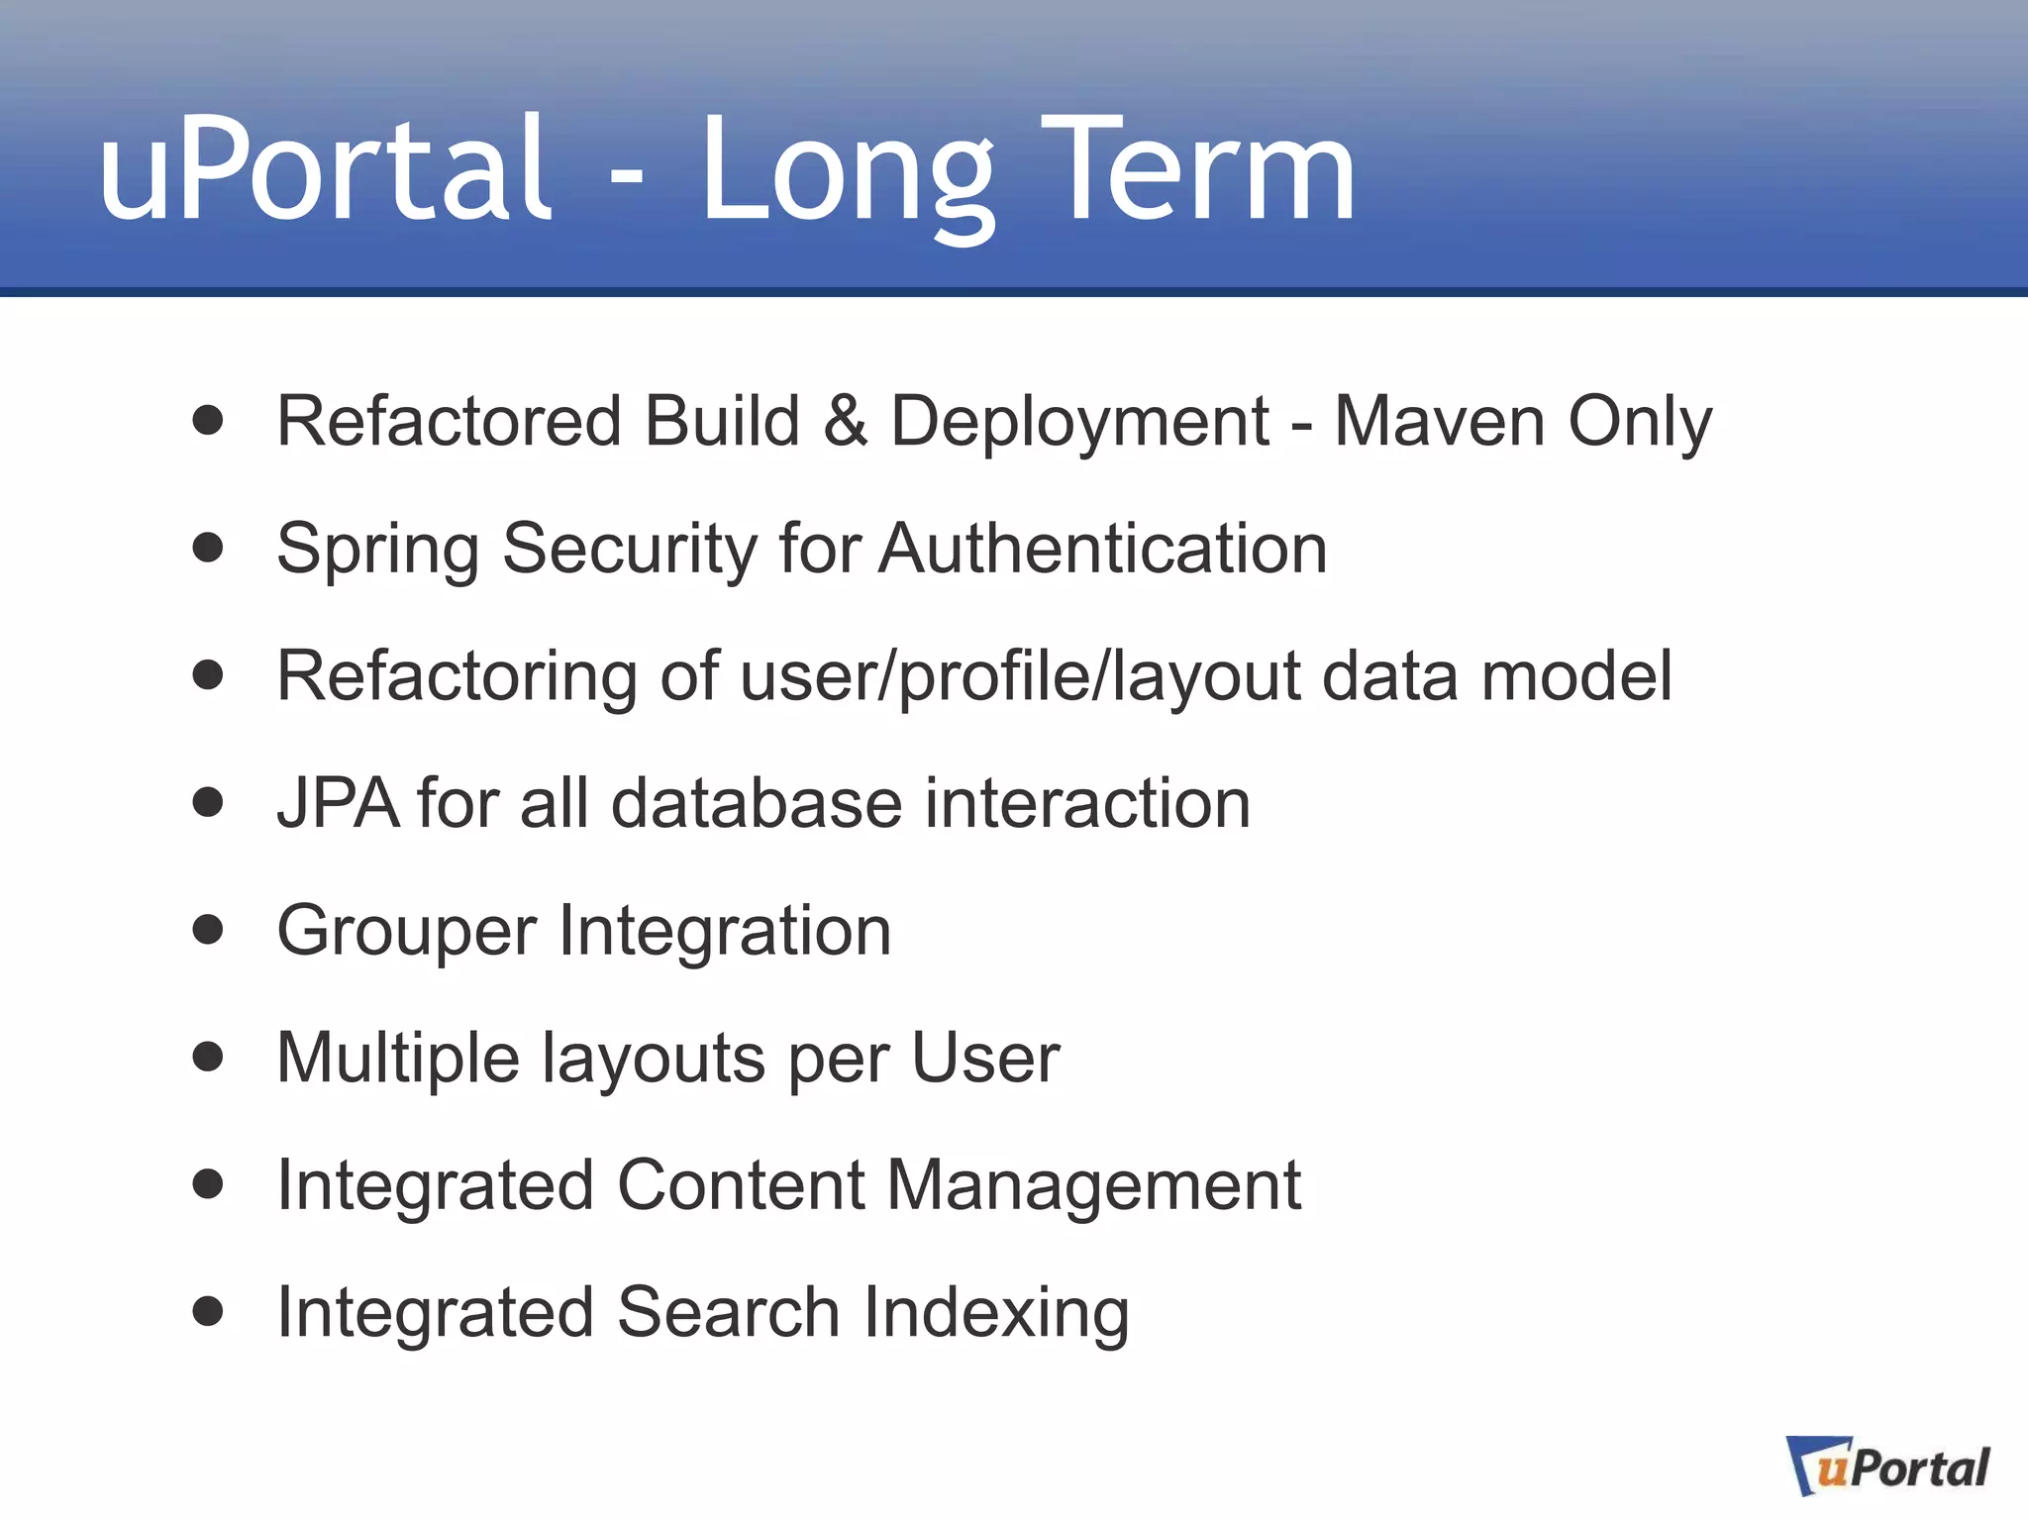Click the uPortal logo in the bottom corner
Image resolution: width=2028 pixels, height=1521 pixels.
coord(1887,1467)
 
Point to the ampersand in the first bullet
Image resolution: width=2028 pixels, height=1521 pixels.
coord(845,421)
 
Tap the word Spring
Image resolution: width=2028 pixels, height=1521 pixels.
coord(377,551)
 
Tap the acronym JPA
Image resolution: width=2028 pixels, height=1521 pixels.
coord(337,802)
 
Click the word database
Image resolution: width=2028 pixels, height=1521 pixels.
coord(757,802)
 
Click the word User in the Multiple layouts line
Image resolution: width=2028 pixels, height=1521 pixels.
coord(985,1058)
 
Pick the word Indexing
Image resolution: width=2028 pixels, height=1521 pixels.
coord(996,1314)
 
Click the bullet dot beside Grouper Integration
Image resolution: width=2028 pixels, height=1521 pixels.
coord(208,930)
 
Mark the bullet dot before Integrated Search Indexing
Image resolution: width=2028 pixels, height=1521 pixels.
coord(208,1311)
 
